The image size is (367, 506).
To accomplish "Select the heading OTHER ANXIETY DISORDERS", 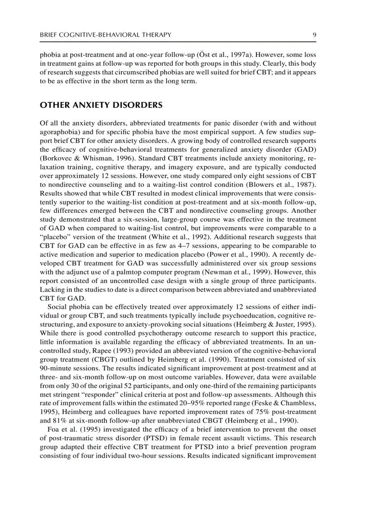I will click(101, 105).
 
